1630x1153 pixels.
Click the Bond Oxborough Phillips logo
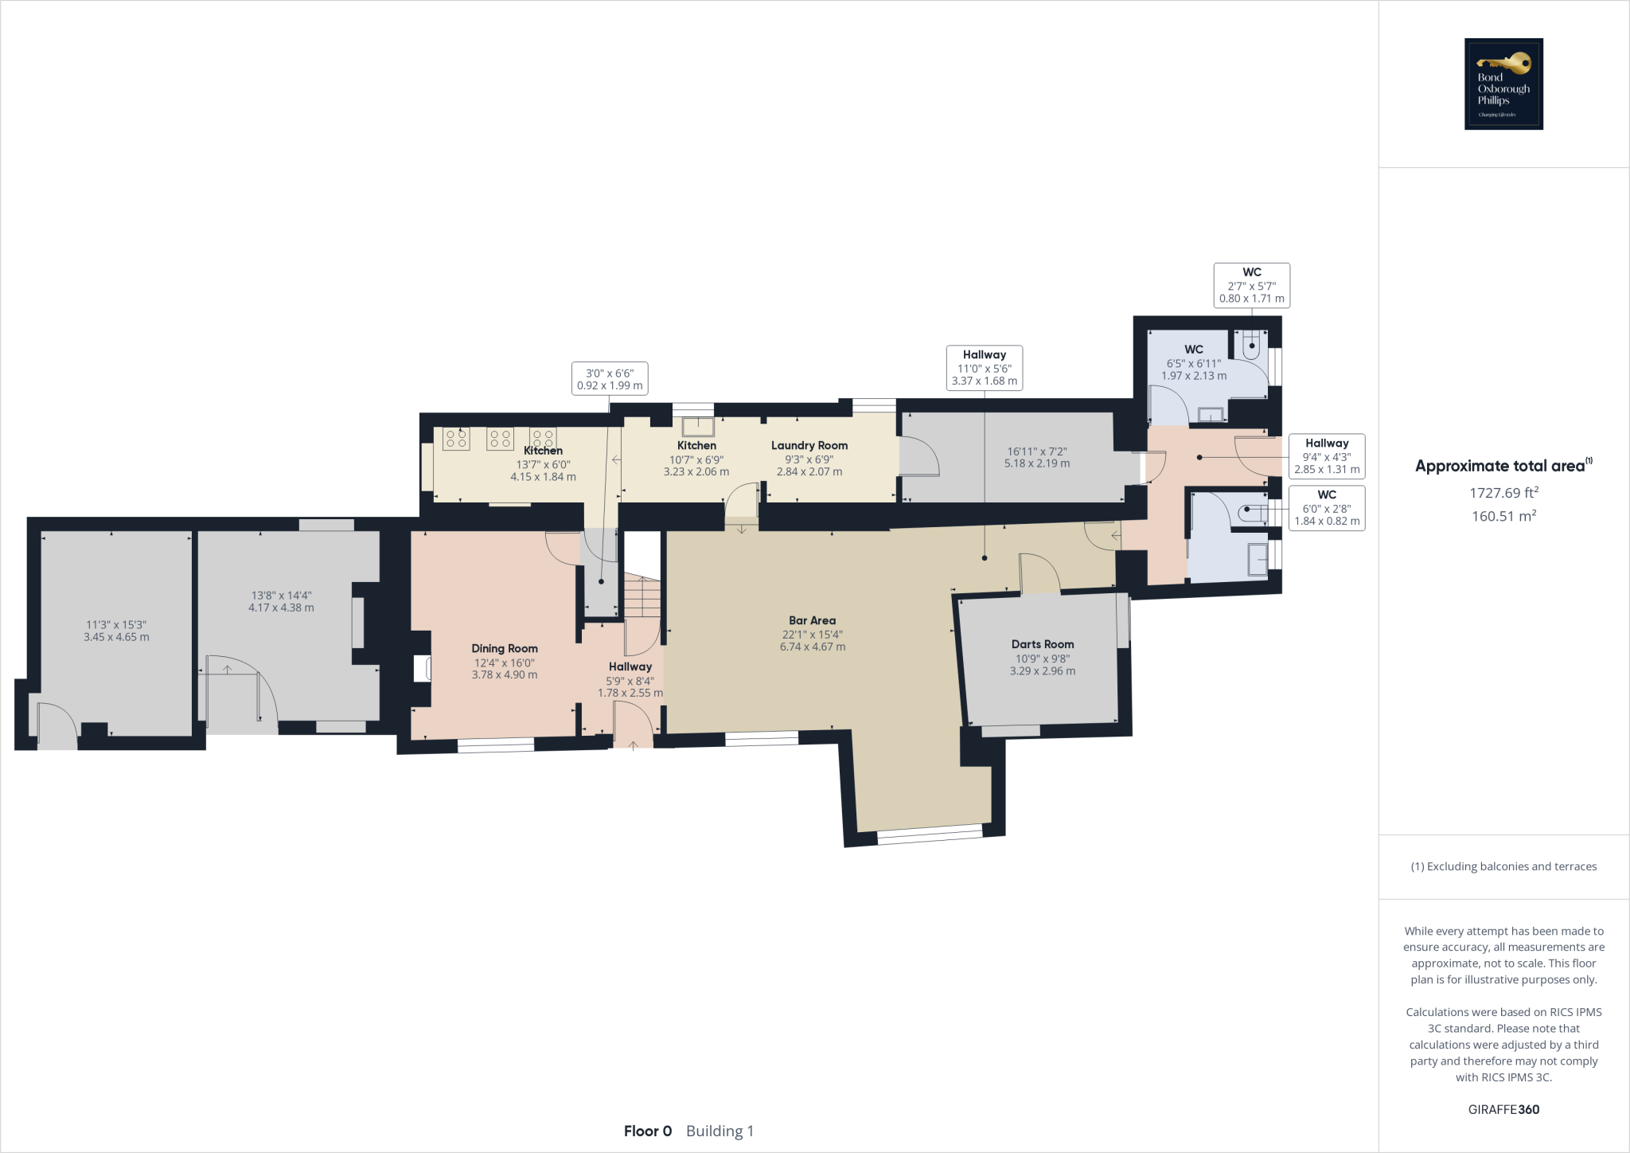coord(1503,84)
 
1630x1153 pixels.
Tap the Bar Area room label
coord(812,620)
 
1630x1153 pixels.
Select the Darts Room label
coord(1042,644)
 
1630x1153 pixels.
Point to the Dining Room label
coord(504,648)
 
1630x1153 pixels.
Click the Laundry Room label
coord(809,445)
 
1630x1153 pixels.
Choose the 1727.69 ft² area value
coord(1503,493)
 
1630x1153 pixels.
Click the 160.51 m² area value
coord(1503,516)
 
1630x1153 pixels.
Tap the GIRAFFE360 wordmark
coord(1503,1109)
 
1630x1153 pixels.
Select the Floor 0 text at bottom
coord(647,1131)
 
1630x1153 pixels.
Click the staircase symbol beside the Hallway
coord(641,597)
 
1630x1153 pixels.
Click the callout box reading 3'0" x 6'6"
coord(610,378)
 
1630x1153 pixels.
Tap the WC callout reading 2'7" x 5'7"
coord(1251,285)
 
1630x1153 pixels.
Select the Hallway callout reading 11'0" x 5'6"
coord(984,367)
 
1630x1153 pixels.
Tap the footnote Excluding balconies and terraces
coord(1503,866)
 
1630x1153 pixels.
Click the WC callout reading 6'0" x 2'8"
coord(1326,508)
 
